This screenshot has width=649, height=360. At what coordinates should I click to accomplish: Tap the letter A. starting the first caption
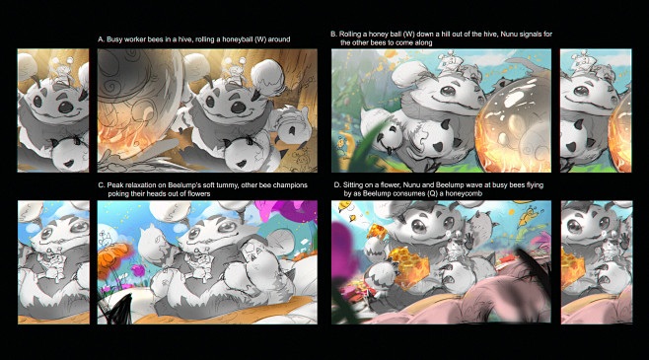point(101,39)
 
